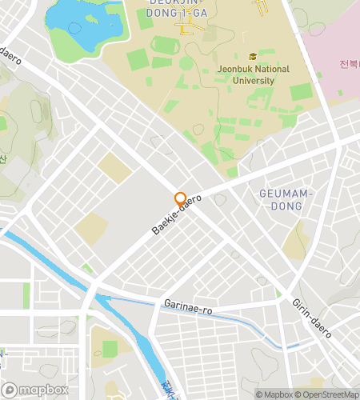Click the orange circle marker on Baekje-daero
[x=180, y=199]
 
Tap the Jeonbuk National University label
[x=253, y=74]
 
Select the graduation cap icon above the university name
[x=253, y=57]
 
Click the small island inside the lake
[x=74, y=28]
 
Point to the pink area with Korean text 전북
[x=336, y=56]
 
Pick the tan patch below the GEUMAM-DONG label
[x=295, y=240]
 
